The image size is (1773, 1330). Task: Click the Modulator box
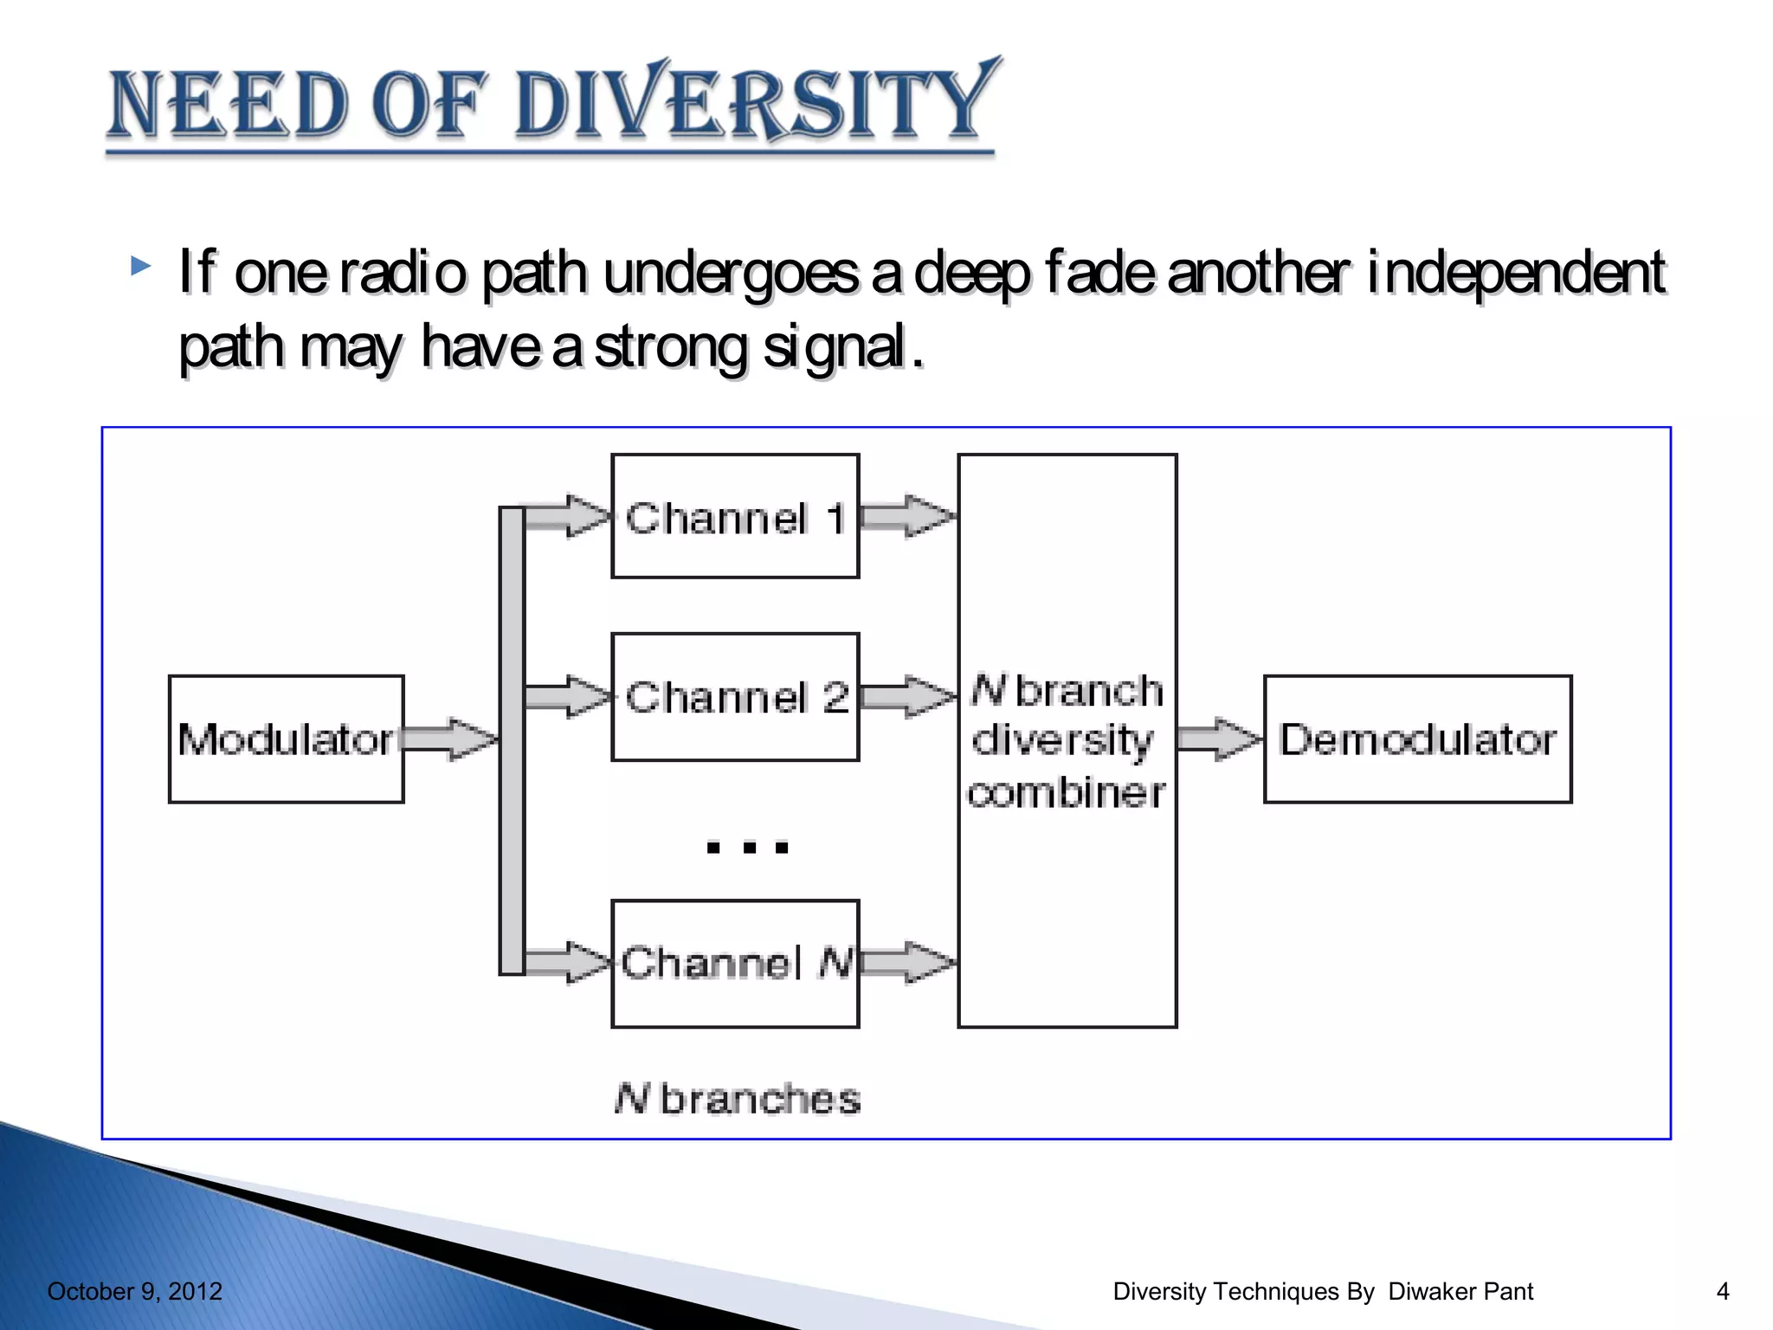pos(286,739)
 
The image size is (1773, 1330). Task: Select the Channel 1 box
pos(735,517)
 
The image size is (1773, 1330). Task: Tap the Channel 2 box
pos(735,697)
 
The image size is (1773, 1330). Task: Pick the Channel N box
pos(735,964)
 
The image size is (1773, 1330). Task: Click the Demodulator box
pos(1417,739)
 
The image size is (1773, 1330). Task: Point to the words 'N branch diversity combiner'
pos(1067,741)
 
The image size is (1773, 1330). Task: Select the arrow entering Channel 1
pos(568,517)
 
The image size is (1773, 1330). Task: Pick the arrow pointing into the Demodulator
pos(1220,739)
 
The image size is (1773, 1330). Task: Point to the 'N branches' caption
pos(738,1099)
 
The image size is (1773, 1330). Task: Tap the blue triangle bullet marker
pos(140,266)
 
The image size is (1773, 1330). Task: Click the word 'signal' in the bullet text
pos(834,347)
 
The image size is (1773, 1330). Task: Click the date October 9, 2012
pos(135,1291)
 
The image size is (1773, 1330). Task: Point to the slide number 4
pos(1722,1291)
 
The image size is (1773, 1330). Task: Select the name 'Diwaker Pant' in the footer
pos(1460,1291)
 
